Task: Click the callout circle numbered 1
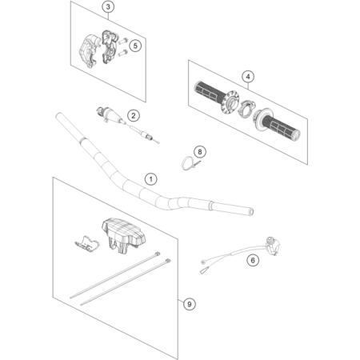pos(151,179)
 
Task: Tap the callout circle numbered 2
pos(134,116)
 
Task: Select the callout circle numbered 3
pos(108,6)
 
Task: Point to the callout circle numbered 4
pos(248,77)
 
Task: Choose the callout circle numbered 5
pos(135,46)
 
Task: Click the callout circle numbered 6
pos(253,260)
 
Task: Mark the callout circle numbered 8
pos(200,152)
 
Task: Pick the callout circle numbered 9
pos(190,304)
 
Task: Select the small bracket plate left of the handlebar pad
pos(86,243)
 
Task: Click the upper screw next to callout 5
pos(122,41)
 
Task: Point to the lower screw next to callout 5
pos(122,53)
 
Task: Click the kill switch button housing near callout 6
pos(273,246)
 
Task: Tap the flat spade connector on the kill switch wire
pos(204,270)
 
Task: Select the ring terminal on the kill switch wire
pos(203,262)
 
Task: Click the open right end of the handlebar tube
pos(251,212)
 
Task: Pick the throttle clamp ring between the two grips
pos(246,108)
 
